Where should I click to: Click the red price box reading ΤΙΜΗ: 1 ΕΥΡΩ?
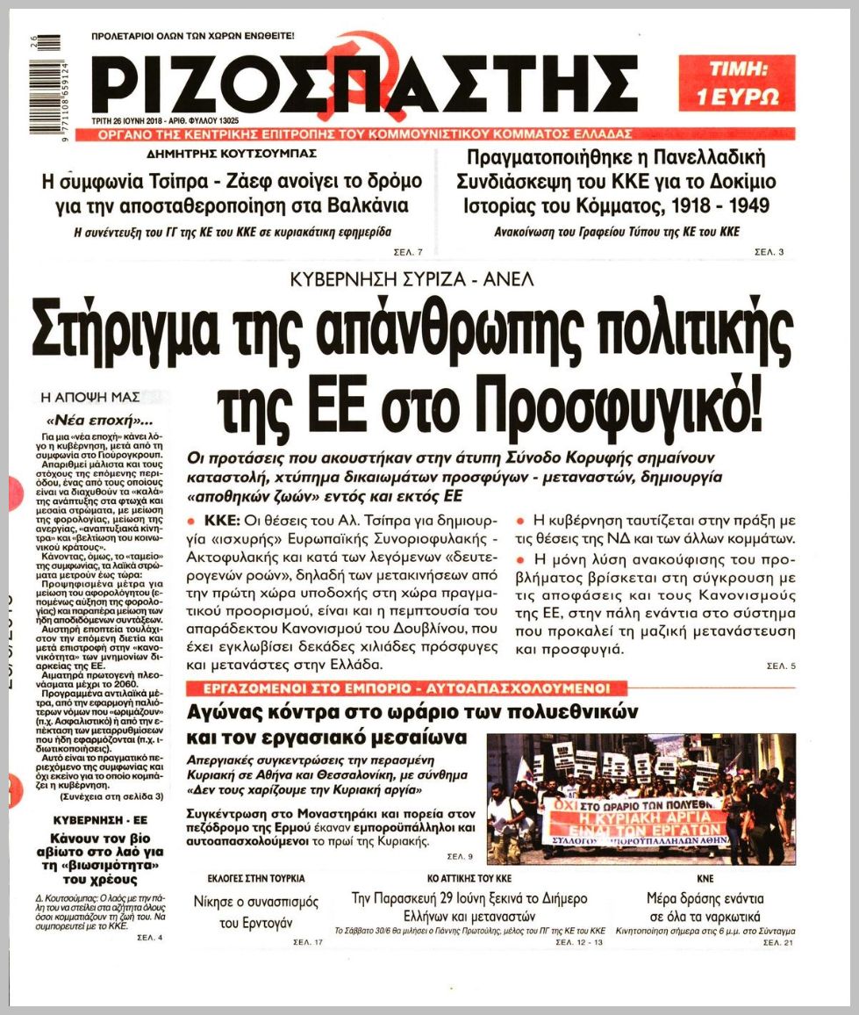click(737, 83)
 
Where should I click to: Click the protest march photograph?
click(641, 799)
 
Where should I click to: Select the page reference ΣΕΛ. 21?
click(778, 942)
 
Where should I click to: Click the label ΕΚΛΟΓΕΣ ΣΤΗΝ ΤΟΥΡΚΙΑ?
click(256, 878)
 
